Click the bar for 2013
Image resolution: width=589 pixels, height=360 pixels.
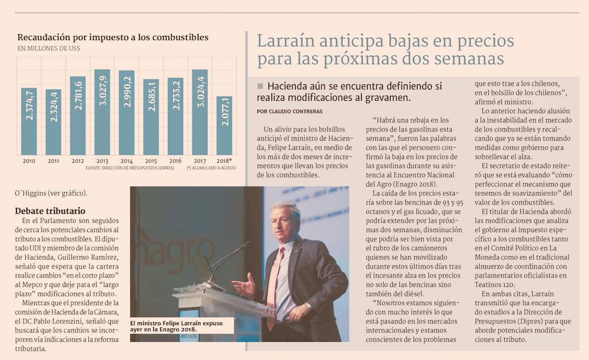pos(102,112)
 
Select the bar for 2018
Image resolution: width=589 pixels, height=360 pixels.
pos(224,125)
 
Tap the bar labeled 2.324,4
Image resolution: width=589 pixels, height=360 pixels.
pos(53,122)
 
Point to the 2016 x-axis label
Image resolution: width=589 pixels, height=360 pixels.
pos(175,160)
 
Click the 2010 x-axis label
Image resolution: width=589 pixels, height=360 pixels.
pos(28,160)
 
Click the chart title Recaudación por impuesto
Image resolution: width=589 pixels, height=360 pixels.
pos(112,37)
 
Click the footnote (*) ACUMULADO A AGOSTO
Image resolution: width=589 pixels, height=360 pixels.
pos(211,168)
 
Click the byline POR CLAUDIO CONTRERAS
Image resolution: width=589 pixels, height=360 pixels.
pos(290,111)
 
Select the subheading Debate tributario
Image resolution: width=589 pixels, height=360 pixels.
pos(50,211)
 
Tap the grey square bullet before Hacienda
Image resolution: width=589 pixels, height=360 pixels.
pos(260,86)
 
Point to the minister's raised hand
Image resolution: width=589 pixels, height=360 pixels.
pos(243,287)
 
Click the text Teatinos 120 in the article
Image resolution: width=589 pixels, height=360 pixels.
pos(499,283)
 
